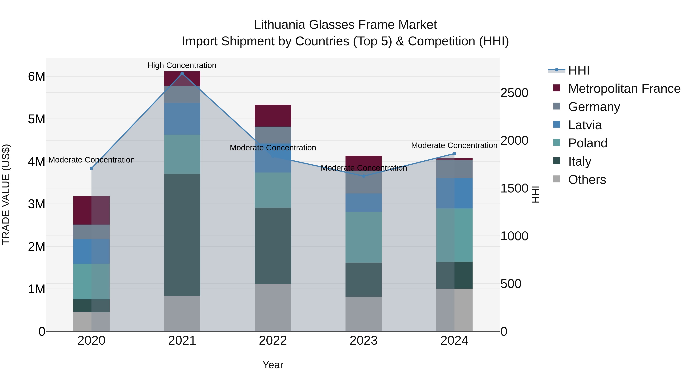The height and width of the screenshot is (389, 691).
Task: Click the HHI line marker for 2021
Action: (182, 74)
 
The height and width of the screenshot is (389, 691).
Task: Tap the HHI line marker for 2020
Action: (92, 168)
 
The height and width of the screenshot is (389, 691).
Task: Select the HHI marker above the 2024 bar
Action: (454, 153)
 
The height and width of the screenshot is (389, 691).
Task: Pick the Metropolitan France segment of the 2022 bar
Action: (273, 116)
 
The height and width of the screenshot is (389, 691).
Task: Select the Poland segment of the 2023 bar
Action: (364, 237)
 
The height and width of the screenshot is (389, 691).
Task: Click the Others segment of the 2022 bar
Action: (273, 307)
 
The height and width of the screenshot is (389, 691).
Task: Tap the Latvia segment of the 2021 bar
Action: (182, 119)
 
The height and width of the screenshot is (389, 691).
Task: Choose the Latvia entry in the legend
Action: (585, 125)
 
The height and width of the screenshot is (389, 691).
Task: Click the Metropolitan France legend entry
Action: (624, 89)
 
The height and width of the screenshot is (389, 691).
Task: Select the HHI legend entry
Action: (579, 70)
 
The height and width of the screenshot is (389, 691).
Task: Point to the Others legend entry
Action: (587, 180)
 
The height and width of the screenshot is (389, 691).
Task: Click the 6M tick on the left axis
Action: (36, 76)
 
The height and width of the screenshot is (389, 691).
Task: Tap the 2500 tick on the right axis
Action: (514, 93)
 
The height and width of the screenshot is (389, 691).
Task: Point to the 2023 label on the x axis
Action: (364, 341)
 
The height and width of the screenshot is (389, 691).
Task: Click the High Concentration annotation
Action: (182, 65)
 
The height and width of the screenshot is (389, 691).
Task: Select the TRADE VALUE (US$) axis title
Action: (6, 194)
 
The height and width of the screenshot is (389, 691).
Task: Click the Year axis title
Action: (273, 365)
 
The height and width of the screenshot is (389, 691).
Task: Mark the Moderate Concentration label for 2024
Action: (454, 145)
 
